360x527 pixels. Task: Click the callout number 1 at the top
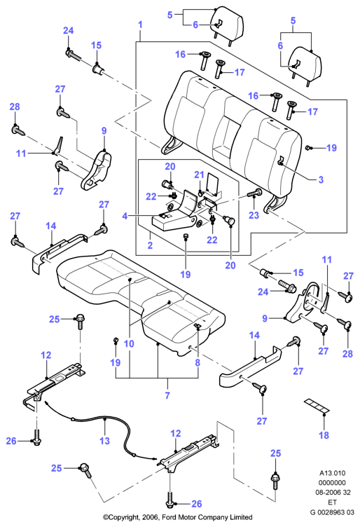pyautogui.click(x=140, y=25)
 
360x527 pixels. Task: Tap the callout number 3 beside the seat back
pyautogui.click(x=321, y=179)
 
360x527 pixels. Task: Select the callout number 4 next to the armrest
pyautogui.click(x=125, y=215)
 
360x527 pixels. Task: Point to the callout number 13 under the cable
pyautogui.click(x=105, y=441)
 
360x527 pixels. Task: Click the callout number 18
pyautogui.click(x=324, y=435)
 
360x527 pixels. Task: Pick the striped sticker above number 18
pyautogui.click(x=317, y=406)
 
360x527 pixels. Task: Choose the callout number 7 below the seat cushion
pyautogui.click(x=167, y=395)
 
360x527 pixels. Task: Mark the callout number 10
pyautogui.click(x=129, y=343)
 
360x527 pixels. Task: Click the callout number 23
pyautogui.click(x=254, y=214)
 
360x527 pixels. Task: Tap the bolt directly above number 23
pyautogui.click(x=255, y=193)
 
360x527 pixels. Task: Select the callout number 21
pyautogui.click(x=199, y=174)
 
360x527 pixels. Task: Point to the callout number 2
pyautogui.click(x=150, y=245)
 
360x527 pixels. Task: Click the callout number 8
pyautogui.click(x=198, y=362)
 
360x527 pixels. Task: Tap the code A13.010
pyautogui.click(x=332, y=473)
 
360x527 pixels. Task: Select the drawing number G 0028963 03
pyautogui.click(x=332, y=512)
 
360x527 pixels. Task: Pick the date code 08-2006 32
pyautogui.click(x=332, y=493)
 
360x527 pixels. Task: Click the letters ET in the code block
pyautogui.click(x=332, y=502)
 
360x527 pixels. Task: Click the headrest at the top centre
pyautogui.click(x=227, y=25)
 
